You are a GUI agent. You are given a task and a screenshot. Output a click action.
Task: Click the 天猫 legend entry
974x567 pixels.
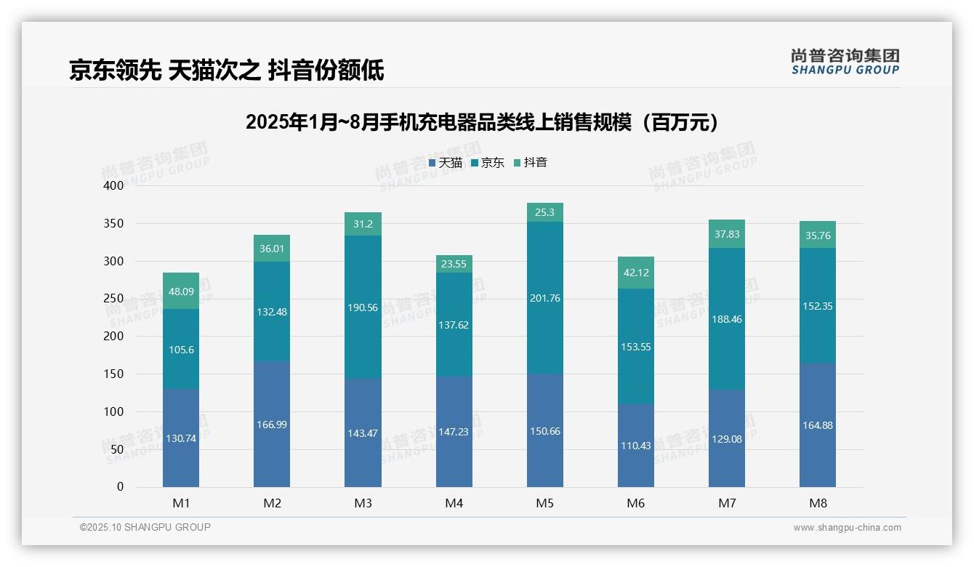click(446, 163)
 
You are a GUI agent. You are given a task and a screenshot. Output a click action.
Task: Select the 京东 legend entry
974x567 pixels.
click(488, 163)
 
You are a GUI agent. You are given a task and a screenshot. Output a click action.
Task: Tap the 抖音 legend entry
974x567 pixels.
click(531, 163)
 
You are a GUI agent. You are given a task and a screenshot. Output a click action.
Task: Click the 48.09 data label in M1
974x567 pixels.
click(181, 291)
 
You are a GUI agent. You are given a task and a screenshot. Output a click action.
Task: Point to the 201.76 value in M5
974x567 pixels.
click(545, 298)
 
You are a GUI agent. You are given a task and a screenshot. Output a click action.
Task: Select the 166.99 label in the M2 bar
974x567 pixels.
click(272, 425)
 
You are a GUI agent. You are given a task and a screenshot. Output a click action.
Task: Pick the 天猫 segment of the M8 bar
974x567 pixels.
click(818, 425)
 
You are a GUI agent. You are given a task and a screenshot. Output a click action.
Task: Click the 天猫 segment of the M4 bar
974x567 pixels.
click(454, 431)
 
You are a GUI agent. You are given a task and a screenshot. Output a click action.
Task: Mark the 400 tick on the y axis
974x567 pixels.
click(114, 186)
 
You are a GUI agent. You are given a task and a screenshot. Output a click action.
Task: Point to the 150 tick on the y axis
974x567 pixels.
click(114, 374)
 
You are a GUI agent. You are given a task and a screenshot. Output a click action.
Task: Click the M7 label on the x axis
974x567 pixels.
click(727, 503)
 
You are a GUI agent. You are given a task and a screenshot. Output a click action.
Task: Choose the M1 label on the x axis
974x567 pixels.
click(181, 503)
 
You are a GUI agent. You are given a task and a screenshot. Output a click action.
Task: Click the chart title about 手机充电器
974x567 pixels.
click(483, 122)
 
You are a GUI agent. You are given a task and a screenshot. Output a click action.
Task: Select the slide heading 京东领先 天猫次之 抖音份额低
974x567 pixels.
click(227, 71)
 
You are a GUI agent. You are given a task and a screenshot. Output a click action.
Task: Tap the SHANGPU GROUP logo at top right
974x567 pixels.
click(845, 62)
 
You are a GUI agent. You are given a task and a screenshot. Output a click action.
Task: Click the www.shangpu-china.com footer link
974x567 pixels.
click(847, 528)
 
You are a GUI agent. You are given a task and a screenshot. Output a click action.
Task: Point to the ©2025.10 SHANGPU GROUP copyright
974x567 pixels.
click(145, 528)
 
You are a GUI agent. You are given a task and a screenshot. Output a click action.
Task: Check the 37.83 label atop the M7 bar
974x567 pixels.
click(727, 234)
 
